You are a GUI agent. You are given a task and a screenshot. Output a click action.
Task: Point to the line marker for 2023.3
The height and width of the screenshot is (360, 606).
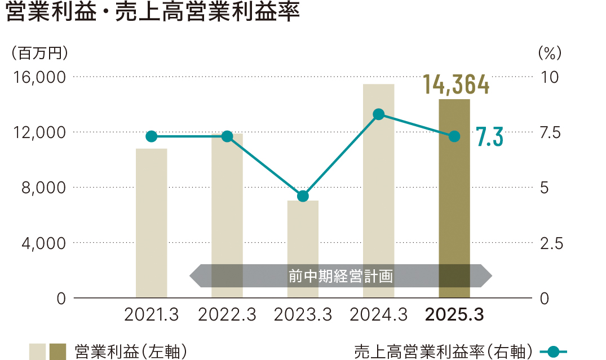point(303,196)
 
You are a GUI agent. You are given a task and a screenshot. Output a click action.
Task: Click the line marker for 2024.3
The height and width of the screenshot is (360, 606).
point(379,114)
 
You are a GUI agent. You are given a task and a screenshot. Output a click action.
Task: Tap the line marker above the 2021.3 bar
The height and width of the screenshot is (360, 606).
point(152,136)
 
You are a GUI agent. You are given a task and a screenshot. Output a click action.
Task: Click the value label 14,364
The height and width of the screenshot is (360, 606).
point(456,85)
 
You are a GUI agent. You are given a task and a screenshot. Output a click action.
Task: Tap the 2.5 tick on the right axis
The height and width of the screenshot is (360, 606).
point(551,243)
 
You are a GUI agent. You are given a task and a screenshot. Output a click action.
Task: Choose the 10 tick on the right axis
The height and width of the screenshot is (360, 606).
point(549,77)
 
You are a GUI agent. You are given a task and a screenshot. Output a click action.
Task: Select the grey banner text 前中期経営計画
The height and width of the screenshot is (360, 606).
point(340,277)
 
